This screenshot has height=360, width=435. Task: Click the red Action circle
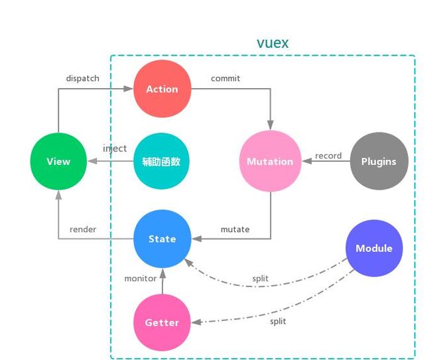(162, 88)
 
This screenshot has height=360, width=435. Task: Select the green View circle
(58, 161)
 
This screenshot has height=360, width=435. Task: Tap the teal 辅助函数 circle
(162, 161)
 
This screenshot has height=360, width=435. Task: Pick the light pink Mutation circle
(269, 161)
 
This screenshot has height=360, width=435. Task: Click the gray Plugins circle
(379, 161)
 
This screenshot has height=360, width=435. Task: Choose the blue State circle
(162, 239)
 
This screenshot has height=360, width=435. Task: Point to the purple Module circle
(374, 249)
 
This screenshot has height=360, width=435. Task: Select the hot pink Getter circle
(162, 322)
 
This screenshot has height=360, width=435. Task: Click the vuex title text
(272, 44)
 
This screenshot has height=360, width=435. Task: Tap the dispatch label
(82, 78)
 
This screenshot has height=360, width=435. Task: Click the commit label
(225, 78)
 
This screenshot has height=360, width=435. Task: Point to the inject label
(115, 149)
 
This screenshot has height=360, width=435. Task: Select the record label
(328, 156)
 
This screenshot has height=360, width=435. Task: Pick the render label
(83, 229)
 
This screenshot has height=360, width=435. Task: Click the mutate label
(235, 229)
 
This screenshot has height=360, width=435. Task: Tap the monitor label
(141, 278)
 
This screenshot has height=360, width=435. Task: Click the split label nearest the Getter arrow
(278, 321)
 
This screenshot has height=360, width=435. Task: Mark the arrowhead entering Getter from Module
(195, 322)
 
